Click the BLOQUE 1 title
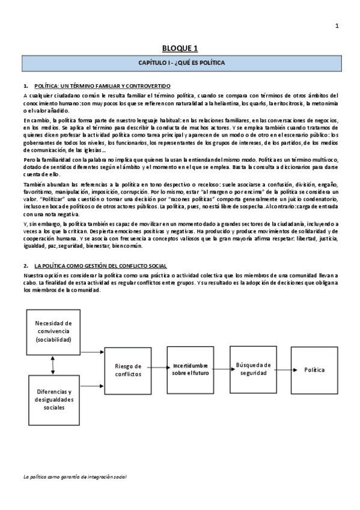(x=180, y=48)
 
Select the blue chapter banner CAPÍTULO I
(x=180, y=62)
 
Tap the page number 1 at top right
(x=337, y=25)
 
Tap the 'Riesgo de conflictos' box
(x=127, y=370)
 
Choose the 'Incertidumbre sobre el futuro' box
(x=190, y=369)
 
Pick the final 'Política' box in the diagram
(x=314, y=369)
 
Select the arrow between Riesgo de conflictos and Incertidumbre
(x=159, y=369)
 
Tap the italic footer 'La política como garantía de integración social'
(x=75, y=476)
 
